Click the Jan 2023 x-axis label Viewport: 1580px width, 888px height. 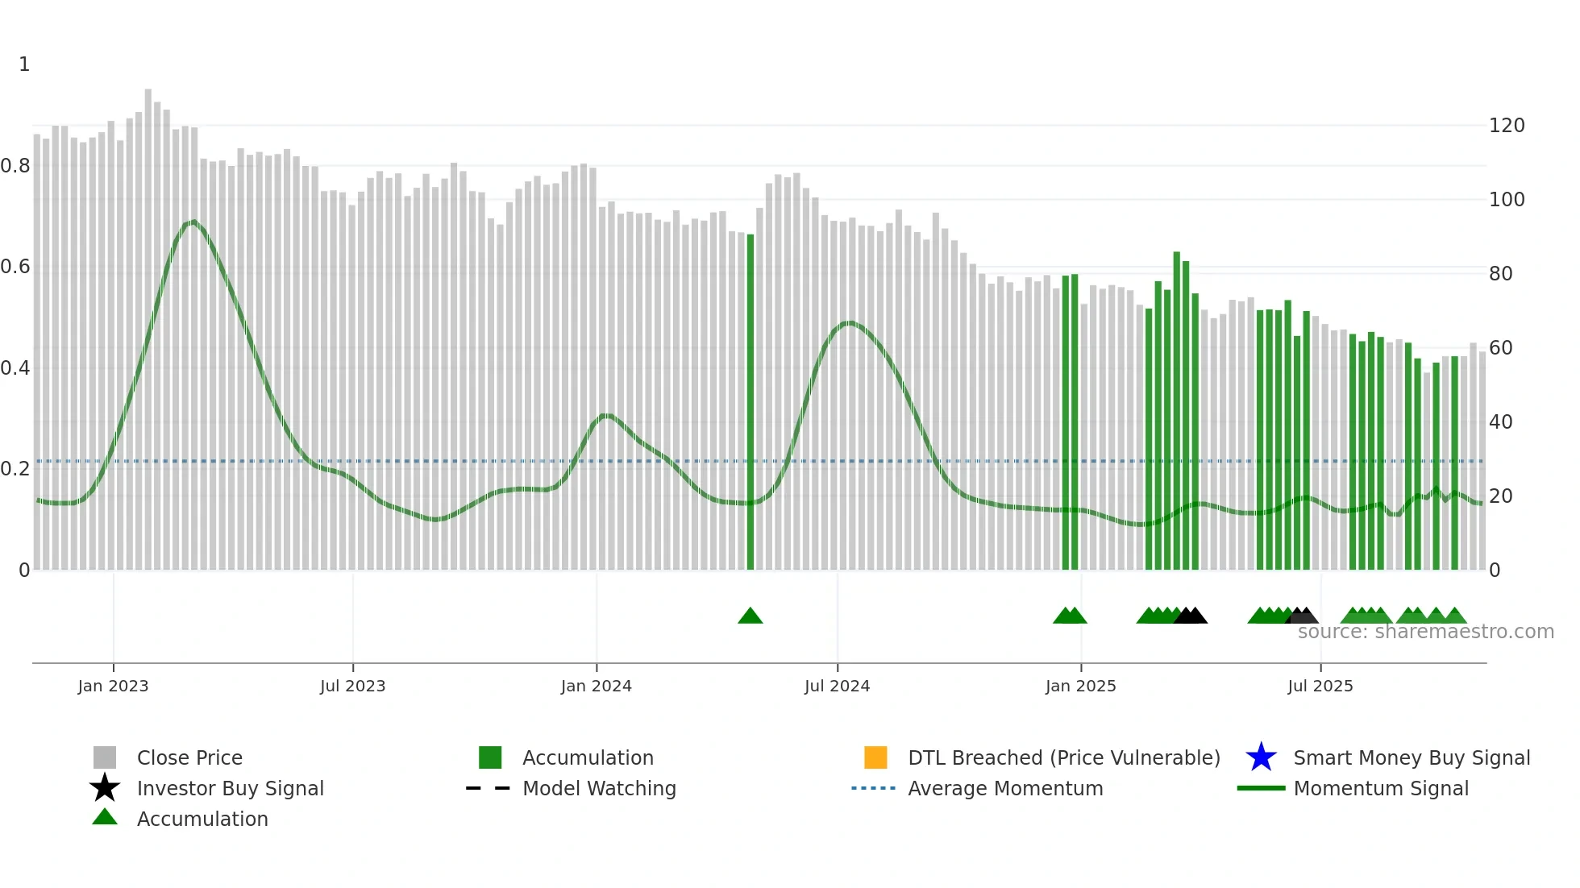click(x=113, y=686)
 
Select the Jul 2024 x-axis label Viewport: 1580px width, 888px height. click(x=837, y=686)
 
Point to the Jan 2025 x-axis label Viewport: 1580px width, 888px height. click(x=1080, y=686)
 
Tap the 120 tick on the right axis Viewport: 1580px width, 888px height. click(x=1507, y=126)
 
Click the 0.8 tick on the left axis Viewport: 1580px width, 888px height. click(x=15, y=166)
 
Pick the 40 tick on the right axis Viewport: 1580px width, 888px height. click(x=1500, y=422)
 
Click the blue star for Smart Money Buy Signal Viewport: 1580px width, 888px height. click(x=1261, y=757)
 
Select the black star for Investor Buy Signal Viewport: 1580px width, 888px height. click(x=105, y=788)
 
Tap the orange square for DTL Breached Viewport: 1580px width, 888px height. click(x=875, y=757)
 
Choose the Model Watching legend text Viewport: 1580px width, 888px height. click(x=599, y=788)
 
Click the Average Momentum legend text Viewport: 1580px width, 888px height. click(x=1005, y=788)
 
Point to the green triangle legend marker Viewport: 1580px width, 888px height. click(x=105, y=817)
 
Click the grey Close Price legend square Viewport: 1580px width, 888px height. click(x=105, y=757)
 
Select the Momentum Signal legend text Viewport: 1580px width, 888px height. click(x=1381, y=788)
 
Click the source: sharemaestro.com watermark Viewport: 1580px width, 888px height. click(x=1425, y=632)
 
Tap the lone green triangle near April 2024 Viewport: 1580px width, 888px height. click(x=750, y=616)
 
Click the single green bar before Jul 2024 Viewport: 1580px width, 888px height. click(x=750, y=403)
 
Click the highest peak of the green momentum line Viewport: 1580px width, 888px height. click(x=192, y=222)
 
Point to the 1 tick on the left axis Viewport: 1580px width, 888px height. click(x=24, y=64)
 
